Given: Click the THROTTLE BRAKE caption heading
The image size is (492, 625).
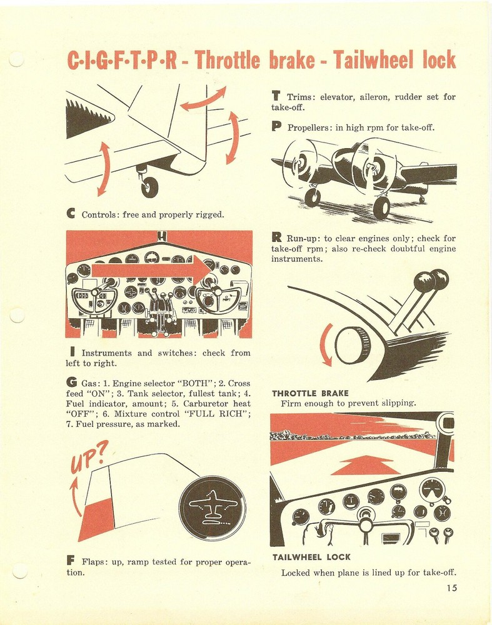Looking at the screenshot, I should click(x=310, y=393).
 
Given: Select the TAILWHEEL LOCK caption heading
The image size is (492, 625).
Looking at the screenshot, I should click(x=311, y=557).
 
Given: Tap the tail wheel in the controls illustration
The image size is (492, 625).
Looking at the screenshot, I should click(x=149, y=186).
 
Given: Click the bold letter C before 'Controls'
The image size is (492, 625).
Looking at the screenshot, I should click(x=71, y=214).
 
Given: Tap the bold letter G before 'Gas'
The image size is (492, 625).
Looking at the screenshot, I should click(x=70, y=382).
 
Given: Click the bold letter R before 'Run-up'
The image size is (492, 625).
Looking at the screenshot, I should click(x=276, y=238).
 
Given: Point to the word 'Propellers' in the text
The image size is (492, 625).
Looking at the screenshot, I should click(x=311, y=128).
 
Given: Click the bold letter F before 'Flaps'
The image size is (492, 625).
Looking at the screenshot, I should click(x=70, y=561).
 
